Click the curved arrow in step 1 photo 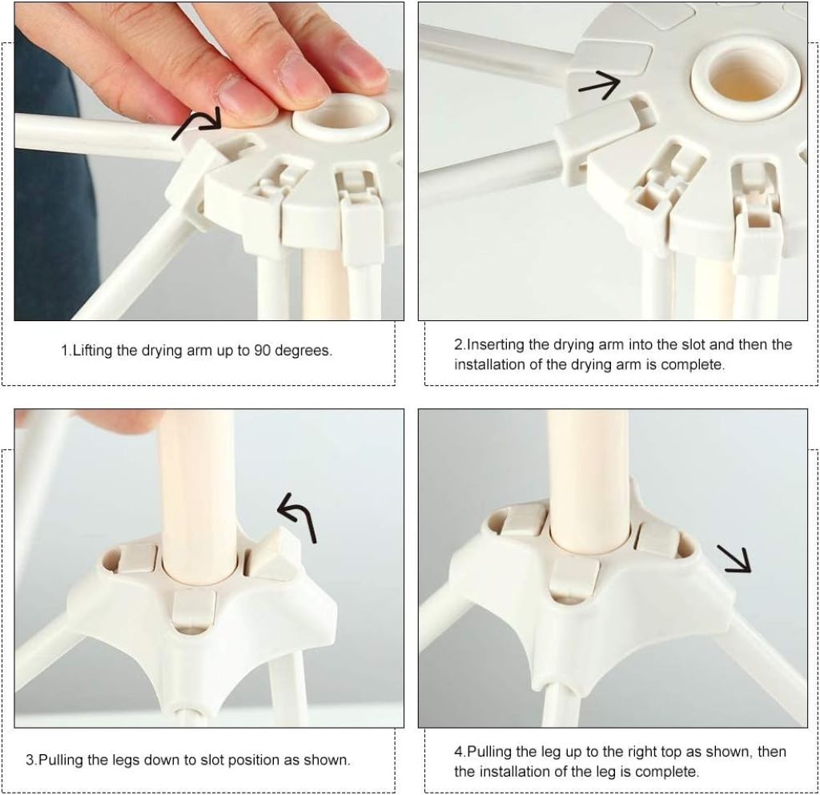[199, 124]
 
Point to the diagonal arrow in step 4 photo [734, 558]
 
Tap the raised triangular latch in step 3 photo [272, 557]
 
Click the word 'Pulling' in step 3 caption [62, 759]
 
